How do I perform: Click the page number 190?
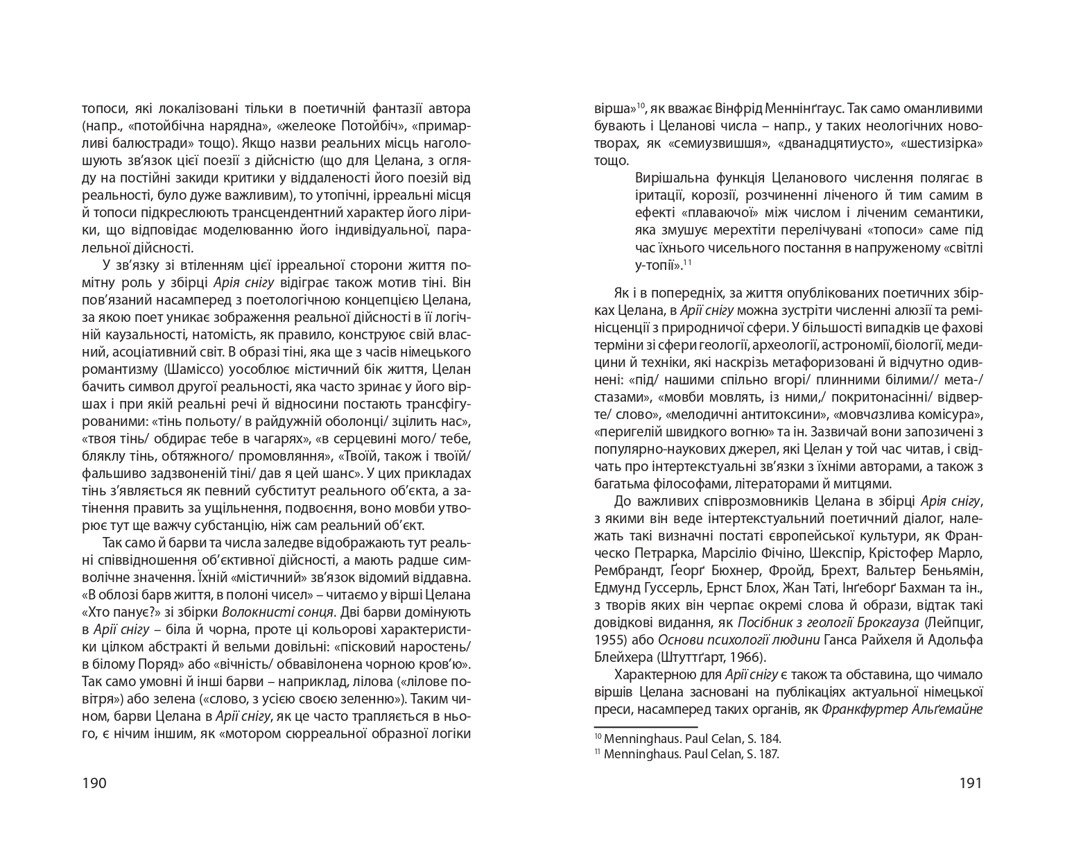tap(94, 783)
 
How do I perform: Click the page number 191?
tap(970, 783)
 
